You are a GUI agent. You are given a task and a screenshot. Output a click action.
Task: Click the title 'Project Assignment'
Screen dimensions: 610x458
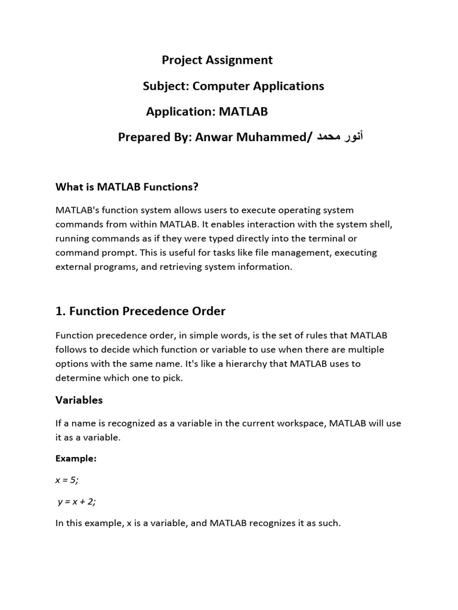click(x=217, y=60)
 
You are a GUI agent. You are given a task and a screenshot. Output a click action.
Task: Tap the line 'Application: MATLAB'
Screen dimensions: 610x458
click(x=207, y=112)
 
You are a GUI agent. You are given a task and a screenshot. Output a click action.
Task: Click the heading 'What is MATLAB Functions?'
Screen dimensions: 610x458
click(x=127, y=187)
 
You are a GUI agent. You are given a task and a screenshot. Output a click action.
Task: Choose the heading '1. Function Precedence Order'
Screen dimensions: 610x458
click(x=141, y=312)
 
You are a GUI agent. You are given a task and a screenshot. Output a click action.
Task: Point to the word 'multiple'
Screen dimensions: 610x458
click(x=363, y=350)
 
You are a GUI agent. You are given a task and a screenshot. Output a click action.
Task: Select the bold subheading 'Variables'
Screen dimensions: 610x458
click(x=79, y=400)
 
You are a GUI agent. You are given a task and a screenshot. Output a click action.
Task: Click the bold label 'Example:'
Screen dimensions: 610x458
click(x=76, y=459)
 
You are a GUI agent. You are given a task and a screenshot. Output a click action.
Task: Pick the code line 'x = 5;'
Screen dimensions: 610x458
click(x=67, y=480)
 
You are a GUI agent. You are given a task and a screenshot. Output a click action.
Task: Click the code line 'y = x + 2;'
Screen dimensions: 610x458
click(x=76, y=502)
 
